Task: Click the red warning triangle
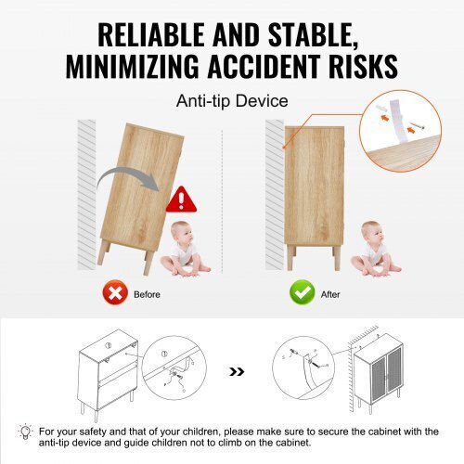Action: pos(181,200)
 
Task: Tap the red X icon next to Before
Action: pos(115,292)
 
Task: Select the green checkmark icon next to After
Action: pos(303,292)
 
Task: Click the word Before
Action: pos(147,294)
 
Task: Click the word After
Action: pos(330,294)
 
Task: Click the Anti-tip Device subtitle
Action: pos(232,101)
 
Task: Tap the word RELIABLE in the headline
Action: pos(151,34)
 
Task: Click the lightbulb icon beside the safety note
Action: pos(26,431)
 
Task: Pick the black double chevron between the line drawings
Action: pos(237,371)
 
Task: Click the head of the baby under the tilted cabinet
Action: pos(181,232)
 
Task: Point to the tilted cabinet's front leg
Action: pos(149,263)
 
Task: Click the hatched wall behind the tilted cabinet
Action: pos(86,195)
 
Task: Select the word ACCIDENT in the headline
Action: pos(264,66)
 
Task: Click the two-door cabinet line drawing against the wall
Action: pos(378,373)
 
